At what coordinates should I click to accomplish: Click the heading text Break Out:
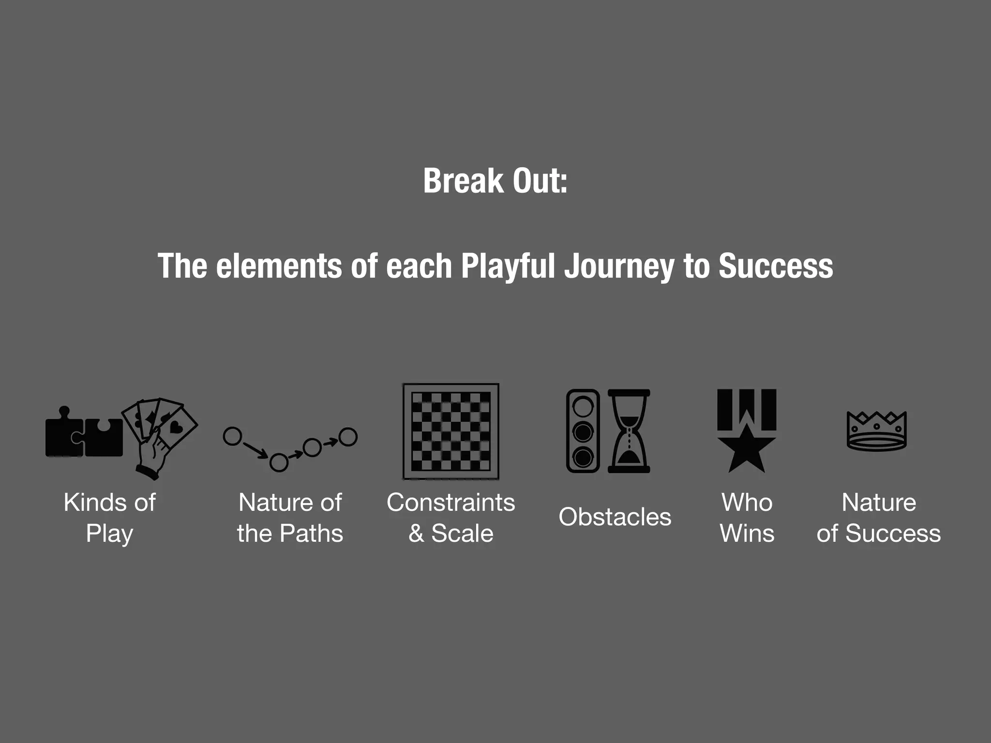click(x=495, y=181)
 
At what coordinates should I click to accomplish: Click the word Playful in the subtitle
click(x=508, y=266)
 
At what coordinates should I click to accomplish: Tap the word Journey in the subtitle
click(x=619, y=266)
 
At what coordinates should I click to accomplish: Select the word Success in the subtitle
click(x=775, y=266)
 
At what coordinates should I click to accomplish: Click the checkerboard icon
click(x=450, y=431)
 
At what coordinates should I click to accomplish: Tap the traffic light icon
click(x=583, y=431)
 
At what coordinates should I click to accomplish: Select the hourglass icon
click(x=629, y=431)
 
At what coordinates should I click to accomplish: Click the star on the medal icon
click(x=747, y=449)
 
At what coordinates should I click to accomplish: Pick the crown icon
click(x=876, y=431)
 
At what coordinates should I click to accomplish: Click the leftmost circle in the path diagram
click(x=232, y=436)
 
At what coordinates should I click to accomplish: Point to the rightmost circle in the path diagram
click(x=348, y=437)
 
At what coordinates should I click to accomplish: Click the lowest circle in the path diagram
click(x=279, y=462)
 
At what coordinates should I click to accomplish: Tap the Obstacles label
click(x=615, y=517)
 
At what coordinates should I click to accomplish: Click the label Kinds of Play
click(x=109, y=518)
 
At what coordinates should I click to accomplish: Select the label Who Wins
click(x=747, y=518)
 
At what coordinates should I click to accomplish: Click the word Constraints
click(x=450, y=503)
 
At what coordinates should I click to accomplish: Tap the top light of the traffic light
click(x=583, y=406)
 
